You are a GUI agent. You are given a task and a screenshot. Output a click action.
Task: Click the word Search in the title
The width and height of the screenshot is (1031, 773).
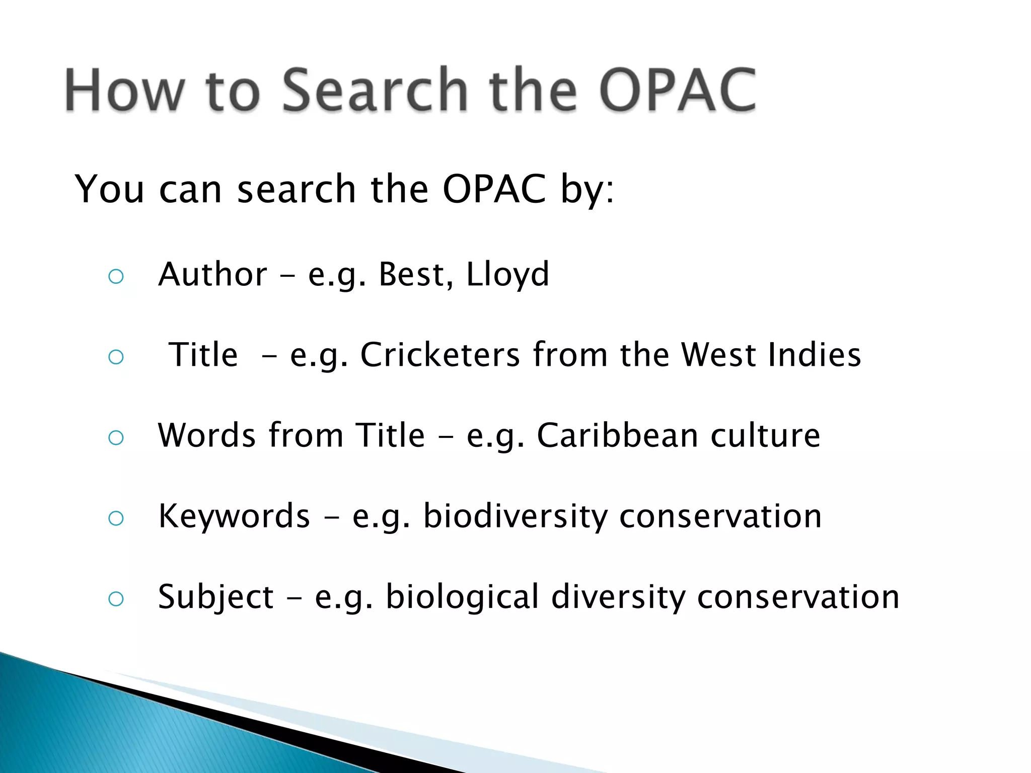point(375,91)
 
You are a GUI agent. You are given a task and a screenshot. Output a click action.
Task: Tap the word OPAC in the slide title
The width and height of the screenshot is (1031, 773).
point(677,91)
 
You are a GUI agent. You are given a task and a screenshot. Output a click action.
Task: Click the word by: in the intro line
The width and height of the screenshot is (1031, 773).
point(587,190)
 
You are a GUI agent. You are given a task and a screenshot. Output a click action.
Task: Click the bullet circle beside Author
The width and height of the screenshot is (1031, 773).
point(116,276)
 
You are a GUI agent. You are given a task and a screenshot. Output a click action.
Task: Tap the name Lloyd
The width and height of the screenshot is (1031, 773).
point(507,275)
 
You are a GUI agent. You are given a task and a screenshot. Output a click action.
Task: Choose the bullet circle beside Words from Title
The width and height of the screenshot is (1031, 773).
point(116,437)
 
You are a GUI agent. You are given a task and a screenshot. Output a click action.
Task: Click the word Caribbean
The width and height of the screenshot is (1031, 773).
point(617,435)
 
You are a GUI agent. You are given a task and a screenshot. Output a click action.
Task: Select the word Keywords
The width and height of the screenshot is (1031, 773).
point(234,516)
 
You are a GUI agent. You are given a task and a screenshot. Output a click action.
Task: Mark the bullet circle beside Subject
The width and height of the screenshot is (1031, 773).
point(116,598)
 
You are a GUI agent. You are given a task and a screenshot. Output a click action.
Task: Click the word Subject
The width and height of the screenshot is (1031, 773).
point(216,597)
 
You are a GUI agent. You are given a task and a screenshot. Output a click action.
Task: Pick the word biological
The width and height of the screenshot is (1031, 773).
point(462,597)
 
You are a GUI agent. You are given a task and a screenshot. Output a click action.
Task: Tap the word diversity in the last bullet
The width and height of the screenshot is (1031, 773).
point(618,597)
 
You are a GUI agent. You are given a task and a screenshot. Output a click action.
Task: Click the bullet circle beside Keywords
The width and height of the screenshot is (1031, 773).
point(116,518)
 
